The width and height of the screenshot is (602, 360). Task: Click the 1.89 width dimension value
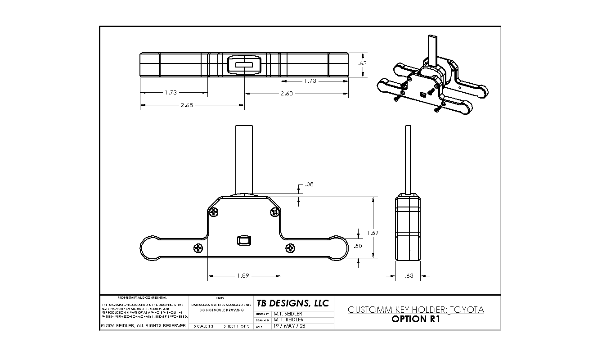click(243, 276)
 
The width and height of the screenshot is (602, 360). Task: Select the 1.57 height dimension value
click(373, 233)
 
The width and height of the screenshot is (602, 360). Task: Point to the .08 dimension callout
click(309, 184)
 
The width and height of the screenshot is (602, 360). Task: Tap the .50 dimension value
click(358, 246)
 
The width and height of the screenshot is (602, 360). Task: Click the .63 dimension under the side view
click(409, 276)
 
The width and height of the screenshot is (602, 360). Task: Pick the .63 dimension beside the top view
click(362, 63)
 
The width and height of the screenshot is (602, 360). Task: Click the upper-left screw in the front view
click(215, 211)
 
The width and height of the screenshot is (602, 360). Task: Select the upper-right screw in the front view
click(274, 211)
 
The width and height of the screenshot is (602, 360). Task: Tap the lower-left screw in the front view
click(198, 247)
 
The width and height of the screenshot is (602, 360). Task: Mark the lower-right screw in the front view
click(291, 247)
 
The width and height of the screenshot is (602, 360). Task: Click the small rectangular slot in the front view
click(243, 241)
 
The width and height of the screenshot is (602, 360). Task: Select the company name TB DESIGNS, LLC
click(293, 303)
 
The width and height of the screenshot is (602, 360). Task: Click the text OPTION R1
click(415, 319)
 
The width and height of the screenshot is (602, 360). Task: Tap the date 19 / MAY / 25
click(289, 326)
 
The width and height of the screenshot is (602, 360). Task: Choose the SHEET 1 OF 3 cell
click(237, 326)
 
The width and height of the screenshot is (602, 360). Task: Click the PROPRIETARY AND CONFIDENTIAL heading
click(142, 298)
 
